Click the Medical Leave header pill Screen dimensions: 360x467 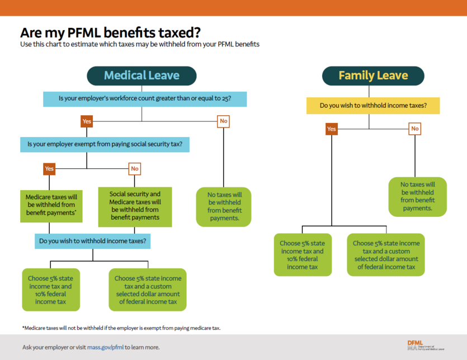(x=141, y=75)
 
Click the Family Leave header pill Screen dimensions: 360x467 (x=373, y=75)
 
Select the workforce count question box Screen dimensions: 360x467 (x=145, y=99)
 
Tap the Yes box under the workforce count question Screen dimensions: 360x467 (x=87, y=121)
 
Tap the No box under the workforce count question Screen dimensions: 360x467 (x=224, y=121)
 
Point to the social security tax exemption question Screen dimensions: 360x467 (x=105, y=144)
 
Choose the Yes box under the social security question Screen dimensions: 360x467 (x=49, y=168)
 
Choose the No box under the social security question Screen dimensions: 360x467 (x=135, y=168)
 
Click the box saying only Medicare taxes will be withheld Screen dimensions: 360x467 (x=51, y=205)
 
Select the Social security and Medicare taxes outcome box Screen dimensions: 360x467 (x=135, y=206)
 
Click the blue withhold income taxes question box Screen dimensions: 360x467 (x=93, y=241)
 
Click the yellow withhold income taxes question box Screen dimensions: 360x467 (x=373, y=106)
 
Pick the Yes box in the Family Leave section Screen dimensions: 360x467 (x=332, y=129)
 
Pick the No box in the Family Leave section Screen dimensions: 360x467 (x=415, y=129)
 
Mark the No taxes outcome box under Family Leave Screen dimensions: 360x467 (x=417, y=196)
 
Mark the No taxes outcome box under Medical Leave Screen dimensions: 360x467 (x=224, y=206)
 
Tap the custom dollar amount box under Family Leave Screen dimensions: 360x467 (x=386, y=255)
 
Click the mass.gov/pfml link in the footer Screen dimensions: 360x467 (x=105, y=347)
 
